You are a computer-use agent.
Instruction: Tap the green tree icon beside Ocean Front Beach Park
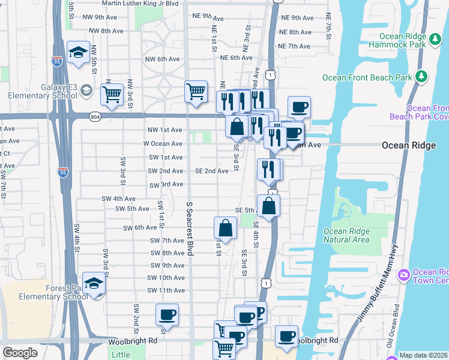pos(422,77)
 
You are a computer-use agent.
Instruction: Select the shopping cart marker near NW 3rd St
pos(112,92)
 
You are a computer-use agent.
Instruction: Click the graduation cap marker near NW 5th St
pos(78,53)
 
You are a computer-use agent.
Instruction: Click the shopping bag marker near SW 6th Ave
pos(225,228)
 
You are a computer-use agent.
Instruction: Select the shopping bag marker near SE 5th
pos(268,206)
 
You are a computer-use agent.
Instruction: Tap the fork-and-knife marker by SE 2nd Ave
pos(267,169)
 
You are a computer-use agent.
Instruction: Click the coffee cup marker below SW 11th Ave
pos(167,314)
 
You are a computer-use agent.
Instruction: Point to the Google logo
pos(20,353)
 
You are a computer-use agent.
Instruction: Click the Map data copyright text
pos(424,355)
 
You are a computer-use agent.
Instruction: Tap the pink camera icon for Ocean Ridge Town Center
pos(403,275)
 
